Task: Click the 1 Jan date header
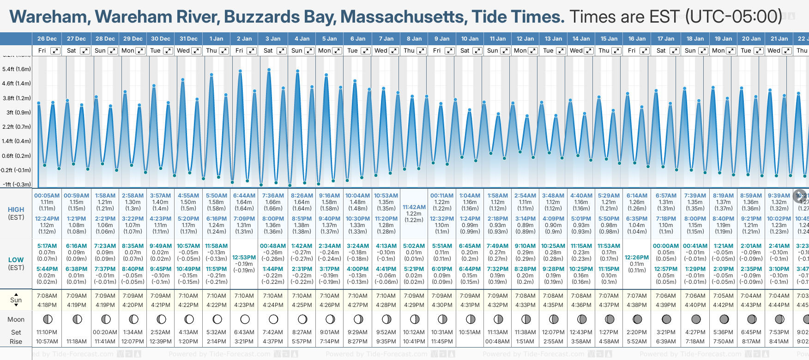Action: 216,39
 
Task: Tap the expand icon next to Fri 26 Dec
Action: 55,51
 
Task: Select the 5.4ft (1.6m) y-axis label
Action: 17,69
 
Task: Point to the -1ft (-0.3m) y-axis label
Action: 17,184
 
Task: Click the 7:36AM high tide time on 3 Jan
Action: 273,196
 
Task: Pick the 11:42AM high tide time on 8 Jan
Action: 414,207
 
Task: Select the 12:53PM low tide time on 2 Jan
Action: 244,258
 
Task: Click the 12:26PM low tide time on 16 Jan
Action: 637,258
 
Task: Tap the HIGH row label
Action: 16,210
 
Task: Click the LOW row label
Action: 16,260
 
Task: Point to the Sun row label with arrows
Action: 16,300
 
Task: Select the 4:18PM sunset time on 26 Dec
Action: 47,305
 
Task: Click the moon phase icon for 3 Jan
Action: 273,319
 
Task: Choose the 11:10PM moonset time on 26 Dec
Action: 47,332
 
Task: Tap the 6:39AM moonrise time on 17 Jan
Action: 666,342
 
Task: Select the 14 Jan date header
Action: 581,39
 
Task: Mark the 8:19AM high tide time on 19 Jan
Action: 723,196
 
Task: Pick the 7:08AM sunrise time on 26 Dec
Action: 47,296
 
